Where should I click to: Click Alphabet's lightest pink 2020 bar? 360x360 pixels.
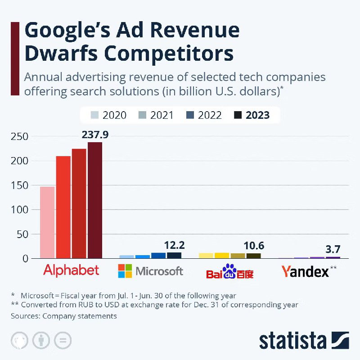click(47, 222)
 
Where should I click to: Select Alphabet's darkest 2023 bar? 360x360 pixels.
click(95, 200)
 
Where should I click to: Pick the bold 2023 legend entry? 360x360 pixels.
click(252, 115)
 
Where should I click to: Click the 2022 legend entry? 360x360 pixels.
click(204, 115)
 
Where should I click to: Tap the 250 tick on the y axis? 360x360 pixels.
click(19, 136)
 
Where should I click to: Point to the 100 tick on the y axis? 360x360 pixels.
click(19, 210)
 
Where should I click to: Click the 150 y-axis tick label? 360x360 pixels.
click(19, 185)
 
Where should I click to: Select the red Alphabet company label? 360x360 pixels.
click(71, 270)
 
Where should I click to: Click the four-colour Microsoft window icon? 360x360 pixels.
click(125, 271)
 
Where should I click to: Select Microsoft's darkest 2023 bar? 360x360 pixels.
click(174, 255)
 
